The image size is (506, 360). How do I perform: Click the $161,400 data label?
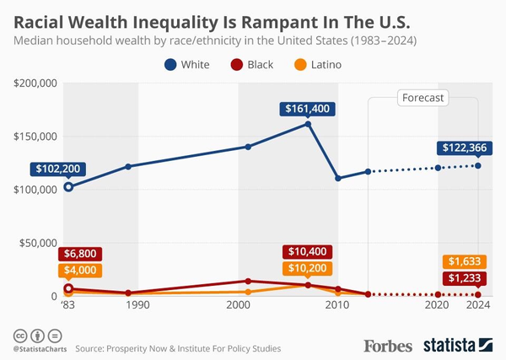(309, 109)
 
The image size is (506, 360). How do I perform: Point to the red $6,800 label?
(80, 254)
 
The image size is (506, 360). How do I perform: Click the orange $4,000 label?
(80, 271)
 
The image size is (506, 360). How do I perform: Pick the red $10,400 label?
(309, 252)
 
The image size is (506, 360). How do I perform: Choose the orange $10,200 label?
(309, 269)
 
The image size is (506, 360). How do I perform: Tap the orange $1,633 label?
(463, 261)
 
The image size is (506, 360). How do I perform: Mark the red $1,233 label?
(463, 278)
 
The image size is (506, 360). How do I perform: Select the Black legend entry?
(252, 64)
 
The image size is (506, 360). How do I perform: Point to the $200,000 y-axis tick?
(35, 83)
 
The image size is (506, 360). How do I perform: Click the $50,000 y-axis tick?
(37, 243)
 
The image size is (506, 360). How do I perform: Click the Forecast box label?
(423, 98)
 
